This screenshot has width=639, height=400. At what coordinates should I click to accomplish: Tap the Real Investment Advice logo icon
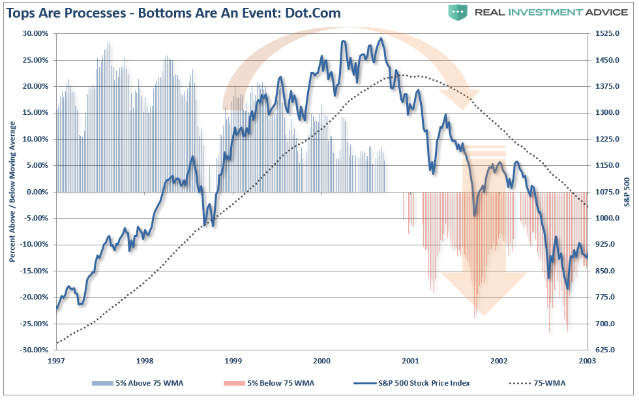point(458,12)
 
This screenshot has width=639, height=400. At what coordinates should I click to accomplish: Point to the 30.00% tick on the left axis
point(37,33)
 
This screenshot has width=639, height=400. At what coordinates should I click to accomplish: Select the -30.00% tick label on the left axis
point(35,350)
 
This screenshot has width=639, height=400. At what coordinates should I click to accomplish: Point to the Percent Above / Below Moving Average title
point(12,192)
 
